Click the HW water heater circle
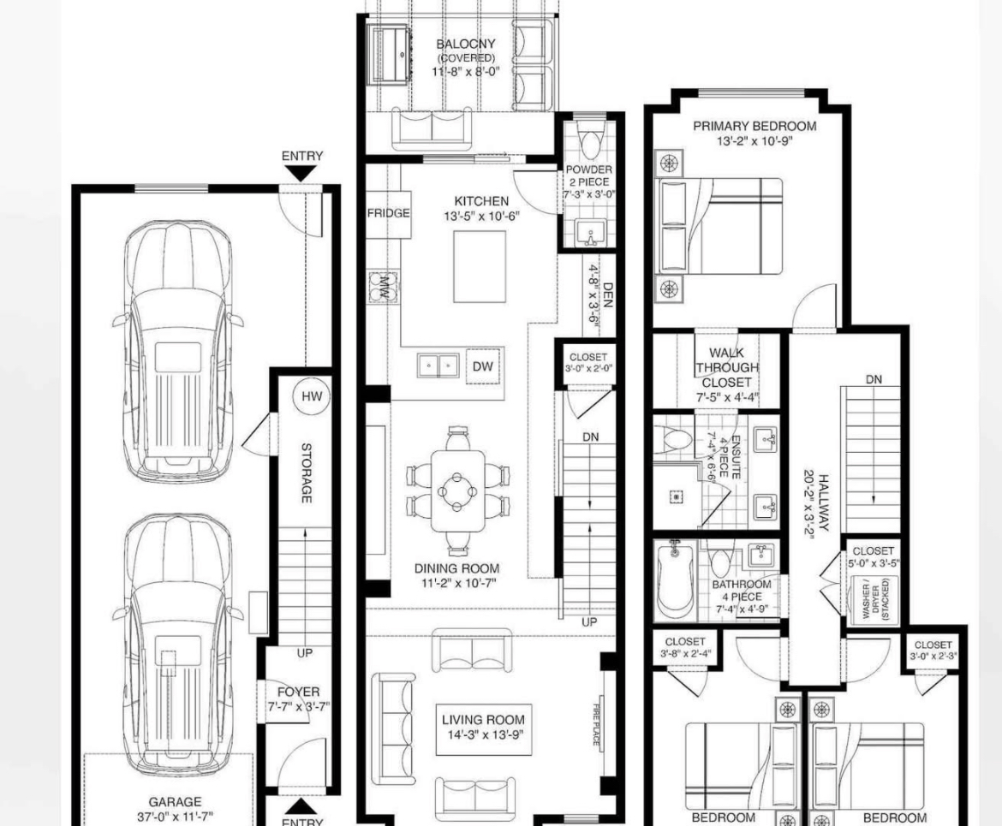click(312, 396)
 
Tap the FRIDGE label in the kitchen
click(389, 213)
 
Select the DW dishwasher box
click(483, 366)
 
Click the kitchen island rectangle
click(480, 266)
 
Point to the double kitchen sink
click(438, 366)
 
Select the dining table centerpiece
click(457, 490)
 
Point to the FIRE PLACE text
click(595, 724)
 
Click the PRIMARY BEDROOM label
click(754, 126)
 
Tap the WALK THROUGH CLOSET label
click(727, 367)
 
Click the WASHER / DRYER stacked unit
click(873, 600)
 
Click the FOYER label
click(298, 692)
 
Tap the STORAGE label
click(306, 472)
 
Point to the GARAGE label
click(175, 802)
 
